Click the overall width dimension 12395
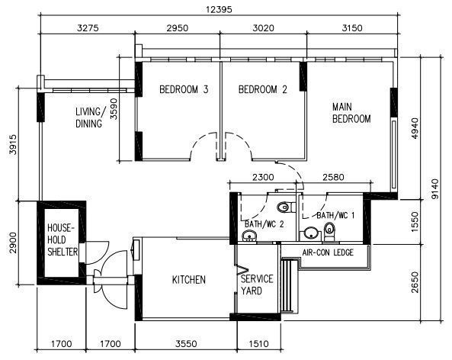[219, 9]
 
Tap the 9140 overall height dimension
[435, 189]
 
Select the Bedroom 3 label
[184, 89]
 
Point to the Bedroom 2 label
[263, 89]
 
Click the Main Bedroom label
[351, 113]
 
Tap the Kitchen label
[189, 279]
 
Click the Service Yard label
[257, 284]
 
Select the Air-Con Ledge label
[328, 252]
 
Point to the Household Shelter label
[63, 239]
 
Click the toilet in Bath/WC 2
[286, 207]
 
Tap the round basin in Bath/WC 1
[310, 233]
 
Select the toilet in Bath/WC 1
[329, 230]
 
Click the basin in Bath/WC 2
[248, 236]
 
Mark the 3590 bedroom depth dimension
[114, 109]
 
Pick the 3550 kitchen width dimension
[186, 343]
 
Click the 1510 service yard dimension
[258, 343]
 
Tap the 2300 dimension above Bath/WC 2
[263, 177]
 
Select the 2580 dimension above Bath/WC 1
[333, 177]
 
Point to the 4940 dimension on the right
[414, 128]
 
